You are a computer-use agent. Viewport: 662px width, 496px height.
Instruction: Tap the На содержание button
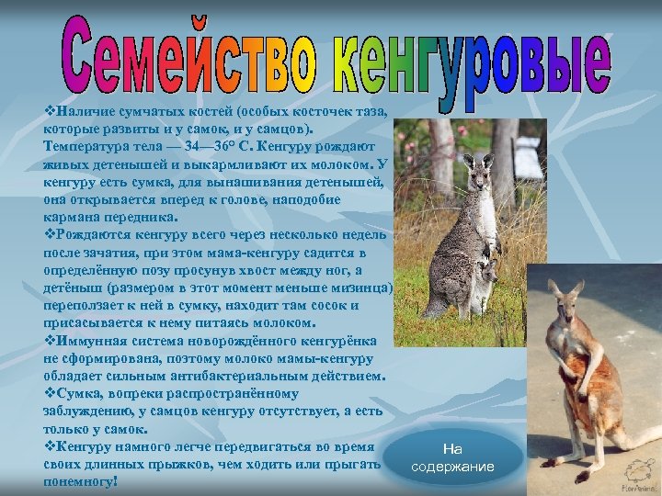tap(452, 457)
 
